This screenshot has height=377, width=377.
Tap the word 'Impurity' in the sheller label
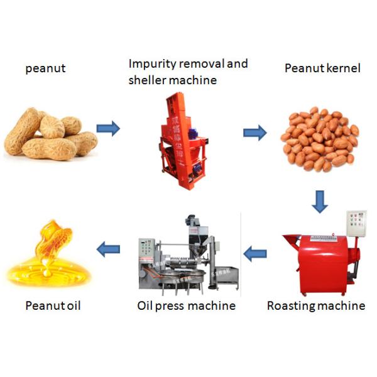tap(151, 64)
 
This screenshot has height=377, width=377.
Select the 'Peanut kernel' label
tap(322, 68)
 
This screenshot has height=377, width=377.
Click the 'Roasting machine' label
tap(315, 306)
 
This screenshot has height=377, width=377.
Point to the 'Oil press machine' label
tap(186, 306)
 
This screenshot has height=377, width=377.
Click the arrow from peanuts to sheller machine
tap(107, 129)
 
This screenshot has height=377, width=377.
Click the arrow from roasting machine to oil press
tap(254, 254)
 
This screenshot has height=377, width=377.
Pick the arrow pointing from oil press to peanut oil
tap(108, 251)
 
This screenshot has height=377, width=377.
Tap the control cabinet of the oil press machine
tap(146, 251)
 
